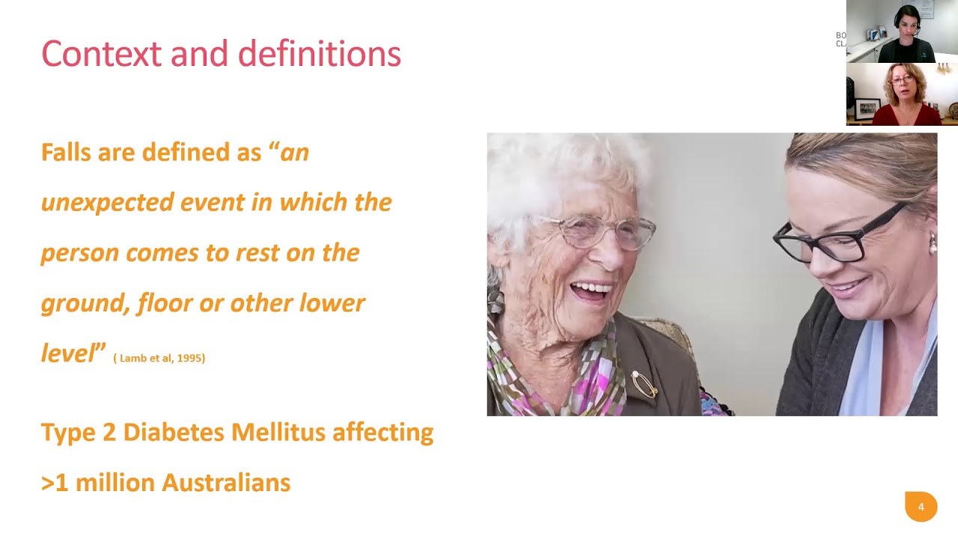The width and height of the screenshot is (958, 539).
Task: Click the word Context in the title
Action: (101, 54)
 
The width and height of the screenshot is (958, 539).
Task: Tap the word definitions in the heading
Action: (319, 54)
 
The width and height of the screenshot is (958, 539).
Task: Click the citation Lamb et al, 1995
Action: (159, 358)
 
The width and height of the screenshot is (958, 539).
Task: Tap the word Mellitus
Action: (278, 432)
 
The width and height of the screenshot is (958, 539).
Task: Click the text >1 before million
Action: (55, 483)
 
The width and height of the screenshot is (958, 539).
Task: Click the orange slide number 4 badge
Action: (921, 507)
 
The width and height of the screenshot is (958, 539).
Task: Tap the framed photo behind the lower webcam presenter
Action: (867, 109)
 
